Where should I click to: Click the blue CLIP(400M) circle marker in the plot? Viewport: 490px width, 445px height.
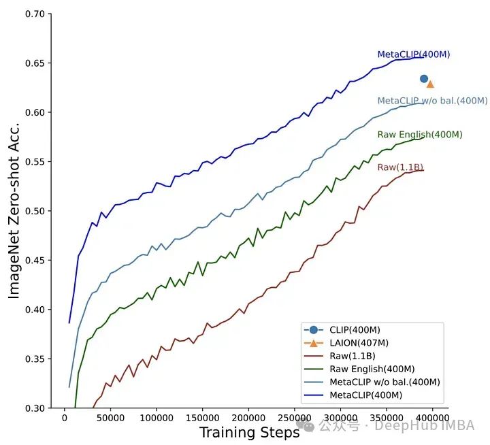coord(424,79)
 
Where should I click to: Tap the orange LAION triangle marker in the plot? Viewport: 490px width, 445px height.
coord(430,84)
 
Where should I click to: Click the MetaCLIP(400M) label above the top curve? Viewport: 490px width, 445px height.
coord(414,54)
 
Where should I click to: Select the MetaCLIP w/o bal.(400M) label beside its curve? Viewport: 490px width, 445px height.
coord(432,101)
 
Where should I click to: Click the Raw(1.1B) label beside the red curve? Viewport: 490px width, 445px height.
coord(400,167)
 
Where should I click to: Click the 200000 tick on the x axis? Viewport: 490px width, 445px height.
coord(248,418)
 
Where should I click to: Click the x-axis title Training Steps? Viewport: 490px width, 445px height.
coord(249,433)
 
